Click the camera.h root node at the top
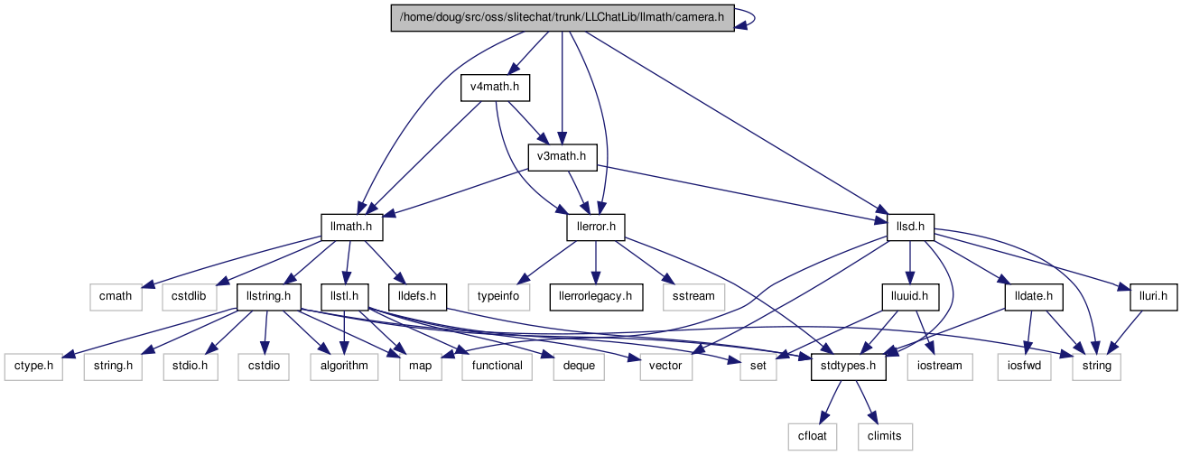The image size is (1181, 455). coord(561,19)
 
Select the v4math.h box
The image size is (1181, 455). coord(494,88)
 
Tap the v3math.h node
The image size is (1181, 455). coord(562,157)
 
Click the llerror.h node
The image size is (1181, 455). coord(596,227)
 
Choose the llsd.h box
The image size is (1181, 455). coord(910,227)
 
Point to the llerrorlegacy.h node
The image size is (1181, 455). coord(595,296)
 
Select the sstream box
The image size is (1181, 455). coord(693,296)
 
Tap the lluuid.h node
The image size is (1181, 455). coord(910,296)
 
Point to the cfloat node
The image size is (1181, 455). coord(812,435)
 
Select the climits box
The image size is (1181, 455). coord(884,435)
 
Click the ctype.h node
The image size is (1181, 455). coord(37,366)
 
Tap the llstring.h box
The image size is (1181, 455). coord(268,296)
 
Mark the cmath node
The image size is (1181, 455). coord(116,296)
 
